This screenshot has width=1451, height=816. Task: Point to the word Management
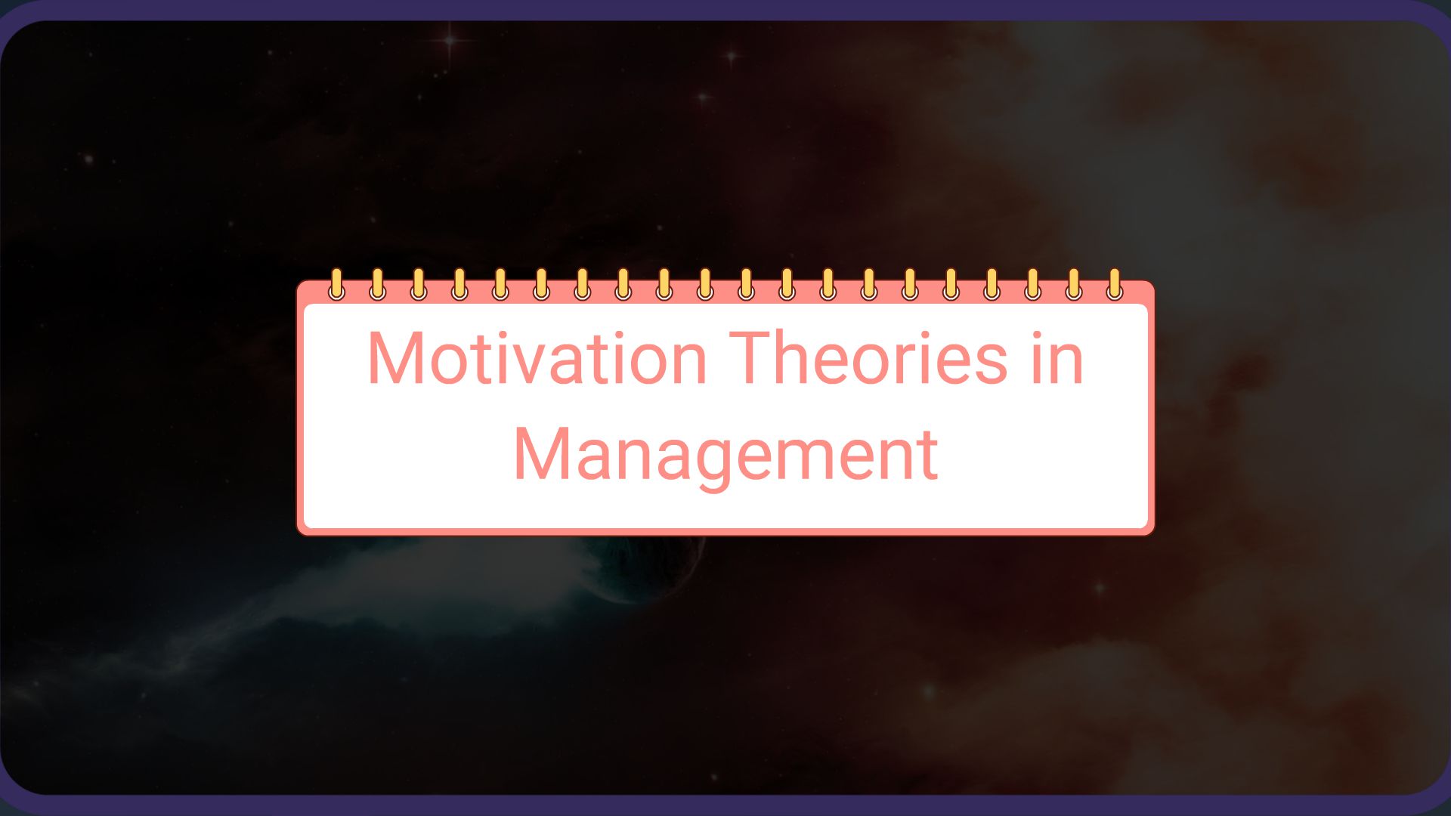click(725, 455)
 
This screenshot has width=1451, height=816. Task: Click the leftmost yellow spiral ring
click(337, 285)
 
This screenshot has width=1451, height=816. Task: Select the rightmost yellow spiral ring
click(1114, 285)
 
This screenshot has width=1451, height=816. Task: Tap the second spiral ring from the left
click(378, 285)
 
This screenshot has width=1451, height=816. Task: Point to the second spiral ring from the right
click(1073, 285)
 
